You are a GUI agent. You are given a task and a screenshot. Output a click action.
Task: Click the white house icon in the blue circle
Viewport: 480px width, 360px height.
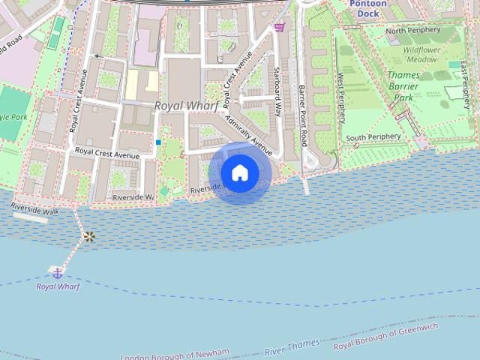pos(240,172)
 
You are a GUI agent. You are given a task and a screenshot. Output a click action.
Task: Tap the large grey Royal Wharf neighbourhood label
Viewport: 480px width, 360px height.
pos(187,106)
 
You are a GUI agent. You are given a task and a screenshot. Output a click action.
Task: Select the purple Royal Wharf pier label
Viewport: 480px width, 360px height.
pos(58,286)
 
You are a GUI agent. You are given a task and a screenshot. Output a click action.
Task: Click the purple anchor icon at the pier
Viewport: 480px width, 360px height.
pos(57,271)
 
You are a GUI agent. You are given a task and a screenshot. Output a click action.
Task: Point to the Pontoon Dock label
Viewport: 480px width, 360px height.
pos(369,8)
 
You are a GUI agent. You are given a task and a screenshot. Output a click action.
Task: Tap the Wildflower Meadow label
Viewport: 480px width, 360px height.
pos(421,53)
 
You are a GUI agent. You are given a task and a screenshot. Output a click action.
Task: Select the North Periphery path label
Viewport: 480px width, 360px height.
pos(414,31)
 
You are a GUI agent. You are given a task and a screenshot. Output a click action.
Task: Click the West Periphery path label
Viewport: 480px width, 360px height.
pos(341,97)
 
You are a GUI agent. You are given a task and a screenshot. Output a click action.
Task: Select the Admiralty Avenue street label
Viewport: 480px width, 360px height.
pos(248,131)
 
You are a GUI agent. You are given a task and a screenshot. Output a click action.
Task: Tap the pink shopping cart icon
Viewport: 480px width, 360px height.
pos(280,28)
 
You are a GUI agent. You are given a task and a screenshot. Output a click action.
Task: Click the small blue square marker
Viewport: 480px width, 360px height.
pos(158,142)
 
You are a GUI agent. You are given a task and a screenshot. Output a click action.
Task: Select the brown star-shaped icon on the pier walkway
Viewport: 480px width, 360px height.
pos(89,237)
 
